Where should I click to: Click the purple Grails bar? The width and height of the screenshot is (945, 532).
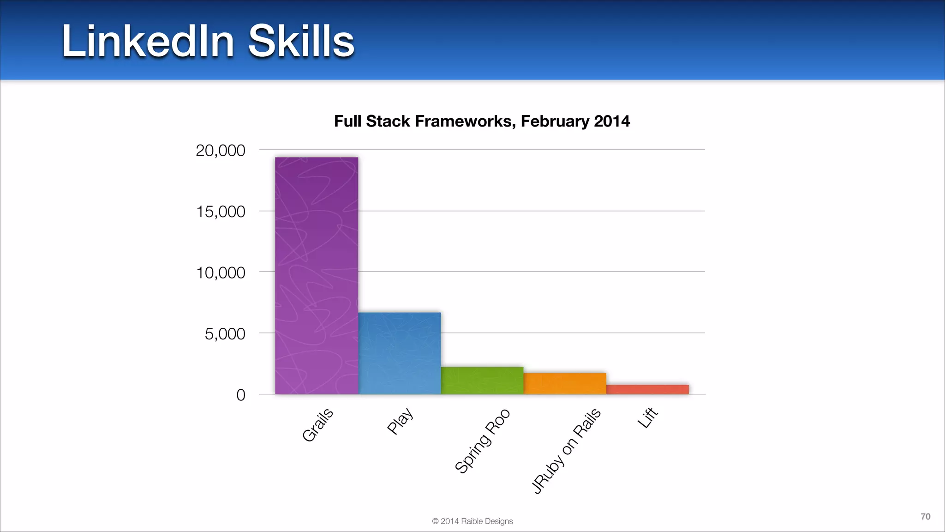[x=317, y=276]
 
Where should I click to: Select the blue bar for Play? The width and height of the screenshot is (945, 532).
[x=400, y=353]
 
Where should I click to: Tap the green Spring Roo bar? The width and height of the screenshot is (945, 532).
[x=482, y=381]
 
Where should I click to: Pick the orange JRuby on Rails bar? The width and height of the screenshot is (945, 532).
[x=565, y=383]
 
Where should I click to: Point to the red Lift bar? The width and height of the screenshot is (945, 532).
[x=647, y=389]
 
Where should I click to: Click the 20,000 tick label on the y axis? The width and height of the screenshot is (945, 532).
[x=221, y=151]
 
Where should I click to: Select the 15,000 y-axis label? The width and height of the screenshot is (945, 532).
[x=221, y=212]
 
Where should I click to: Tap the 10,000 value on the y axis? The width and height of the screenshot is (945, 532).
[x=221, y=273]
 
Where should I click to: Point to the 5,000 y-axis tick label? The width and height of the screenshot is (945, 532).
[x=225, y=334]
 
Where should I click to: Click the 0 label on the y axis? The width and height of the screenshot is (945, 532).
[x=240, y=395]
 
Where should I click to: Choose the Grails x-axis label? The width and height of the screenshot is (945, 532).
[x=317, y=425]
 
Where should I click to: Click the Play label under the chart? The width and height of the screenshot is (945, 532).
[x=400, y=421]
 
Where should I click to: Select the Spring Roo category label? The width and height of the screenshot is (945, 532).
[x=482, y=441]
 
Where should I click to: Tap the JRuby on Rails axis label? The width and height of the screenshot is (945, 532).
[x=566, y=451]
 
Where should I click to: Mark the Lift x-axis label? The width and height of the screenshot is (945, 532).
[x=647, y=417]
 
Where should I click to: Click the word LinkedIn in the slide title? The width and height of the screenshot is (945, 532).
[x=148, y=42]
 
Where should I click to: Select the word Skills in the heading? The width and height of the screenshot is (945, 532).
[x=301, y=42]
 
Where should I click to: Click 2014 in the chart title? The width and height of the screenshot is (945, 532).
[x=611, y=121]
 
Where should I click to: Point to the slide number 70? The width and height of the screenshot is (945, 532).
[x=925, y=517]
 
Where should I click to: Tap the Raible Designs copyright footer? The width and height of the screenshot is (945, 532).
[x=472, y=521]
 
